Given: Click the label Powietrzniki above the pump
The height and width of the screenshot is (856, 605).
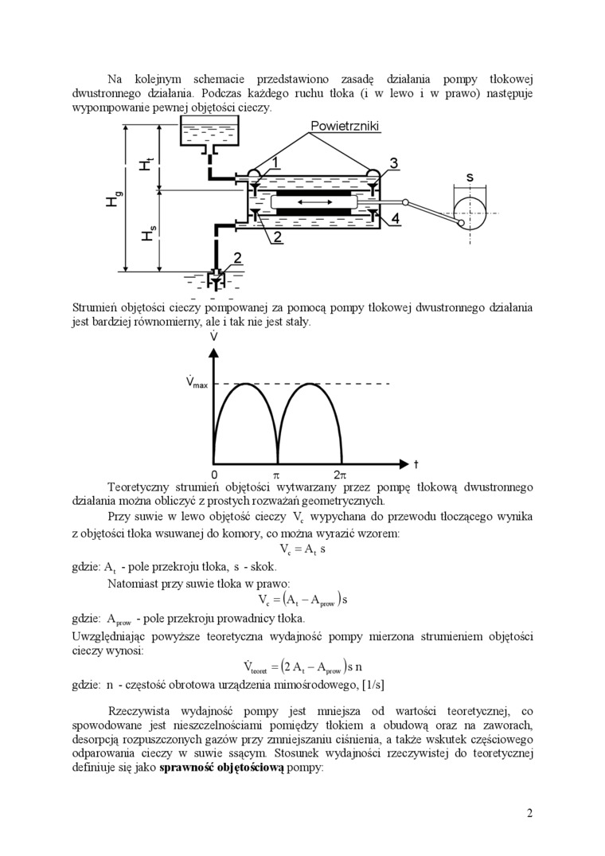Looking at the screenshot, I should tap(345, 127).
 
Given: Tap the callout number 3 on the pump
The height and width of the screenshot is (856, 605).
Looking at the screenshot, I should tap(393, 163).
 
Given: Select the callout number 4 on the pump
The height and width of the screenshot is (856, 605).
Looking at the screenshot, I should tap(396, 217).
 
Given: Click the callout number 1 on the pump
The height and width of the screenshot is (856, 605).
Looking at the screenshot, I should tap(274, 163).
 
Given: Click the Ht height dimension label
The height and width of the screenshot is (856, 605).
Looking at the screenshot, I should tap(145, 164).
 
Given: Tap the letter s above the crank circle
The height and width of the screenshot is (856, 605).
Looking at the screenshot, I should tap(470, 178).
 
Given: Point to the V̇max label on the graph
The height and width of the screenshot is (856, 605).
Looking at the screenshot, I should tap(197, 384).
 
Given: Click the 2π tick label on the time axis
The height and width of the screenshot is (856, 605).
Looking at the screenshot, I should tap(340, 475).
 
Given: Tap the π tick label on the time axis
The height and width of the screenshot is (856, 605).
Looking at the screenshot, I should tap(277, 475).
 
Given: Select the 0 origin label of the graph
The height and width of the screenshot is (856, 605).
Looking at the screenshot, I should tap(214, 475).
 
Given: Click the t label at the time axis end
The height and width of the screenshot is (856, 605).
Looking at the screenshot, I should tap(416, 464).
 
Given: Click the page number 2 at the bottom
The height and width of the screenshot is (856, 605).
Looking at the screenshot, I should tap(529, 813).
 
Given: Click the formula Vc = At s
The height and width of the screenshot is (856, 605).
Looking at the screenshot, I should tap(303, 549).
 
